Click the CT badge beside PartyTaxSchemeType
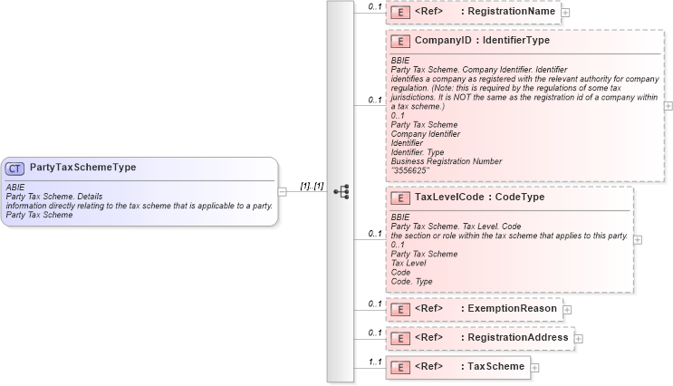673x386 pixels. tap(15, 168)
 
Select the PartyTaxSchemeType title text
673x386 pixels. tap(82, 168)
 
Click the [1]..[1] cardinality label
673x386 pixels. tap(312, 185)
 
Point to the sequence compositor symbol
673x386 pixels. tap(341, 192)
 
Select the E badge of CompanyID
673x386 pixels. tap(399, 41)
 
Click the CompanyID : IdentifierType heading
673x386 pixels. tap(468, 41)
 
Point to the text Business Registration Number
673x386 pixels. tap(445, 160)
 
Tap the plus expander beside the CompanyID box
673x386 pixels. tap(668, 105)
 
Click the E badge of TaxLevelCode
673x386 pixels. tap(399, 197)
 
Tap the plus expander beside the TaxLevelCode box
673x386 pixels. tap(638, 239)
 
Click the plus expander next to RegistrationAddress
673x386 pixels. tap(579, 339)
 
